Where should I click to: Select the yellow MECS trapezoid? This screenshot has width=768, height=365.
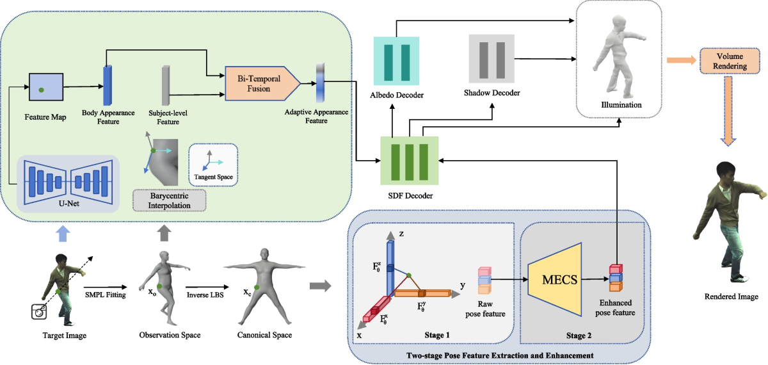[x=555, y=279]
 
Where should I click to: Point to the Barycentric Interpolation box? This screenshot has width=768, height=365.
[x=170, y=199]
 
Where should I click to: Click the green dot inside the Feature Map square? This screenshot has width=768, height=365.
[x=42, y=90]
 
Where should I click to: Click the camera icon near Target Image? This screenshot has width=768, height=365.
[x=40, y=311]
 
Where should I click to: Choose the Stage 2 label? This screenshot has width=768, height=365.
[x=579, y=334]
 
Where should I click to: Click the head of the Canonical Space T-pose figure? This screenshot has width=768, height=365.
[x=255, y=254]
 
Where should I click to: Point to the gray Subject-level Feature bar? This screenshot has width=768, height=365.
[x=165, y=86]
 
